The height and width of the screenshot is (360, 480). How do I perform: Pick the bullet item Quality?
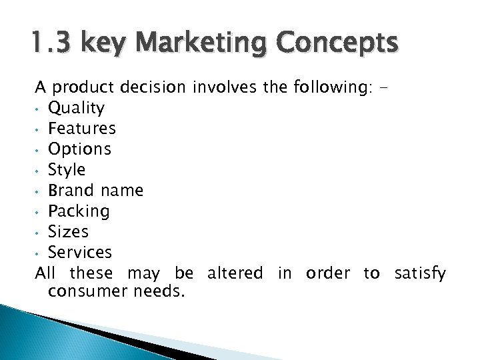pos(77,108)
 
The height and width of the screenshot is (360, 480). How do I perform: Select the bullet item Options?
pos(80,149)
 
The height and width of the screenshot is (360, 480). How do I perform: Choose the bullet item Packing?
pos(79,211)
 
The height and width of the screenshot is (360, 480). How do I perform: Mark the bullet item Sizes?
pos(69,231)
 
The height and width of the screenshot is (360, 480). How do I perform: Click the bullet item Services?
pos(81,252)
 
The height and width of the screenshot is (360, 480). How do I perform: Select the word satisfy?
pos(420,273)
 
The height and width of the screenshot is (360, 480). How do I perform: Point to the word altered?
pos(235,273)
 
